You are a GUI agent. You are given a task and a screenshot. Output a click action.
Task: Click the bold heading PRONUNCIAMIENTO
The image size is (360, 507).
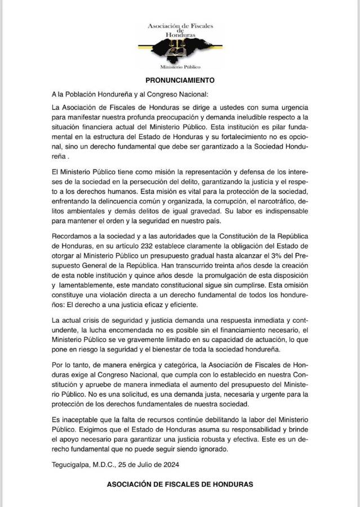(179, 81)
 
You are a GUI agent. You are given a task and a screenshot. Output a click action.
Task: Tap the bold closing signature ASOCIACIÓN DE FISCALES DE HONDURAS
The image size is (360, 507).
(180, 484)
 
